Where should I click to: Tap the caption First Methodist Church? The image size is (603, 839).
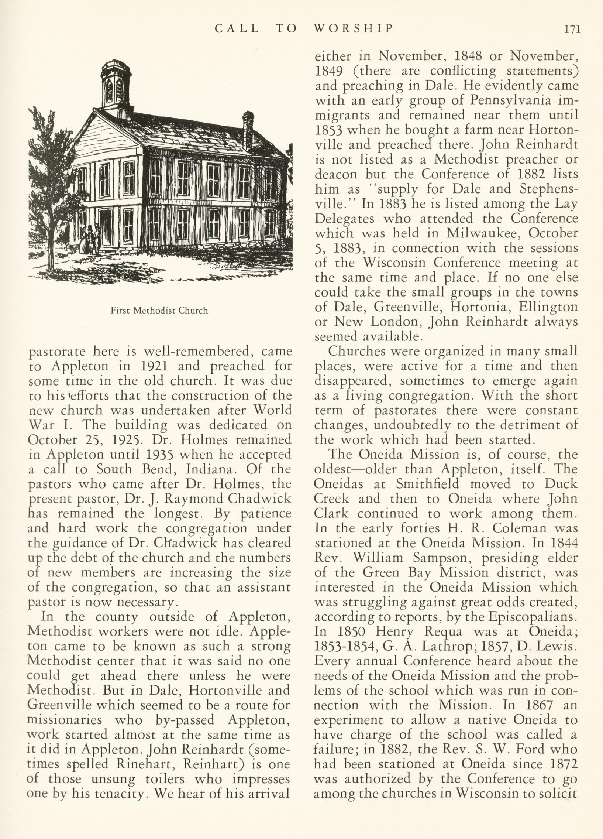(159, 310)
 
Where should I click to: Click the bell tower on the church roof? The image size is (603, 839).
(116, 86)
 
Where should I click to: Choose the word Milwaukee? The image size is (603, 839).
(482, 233)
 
